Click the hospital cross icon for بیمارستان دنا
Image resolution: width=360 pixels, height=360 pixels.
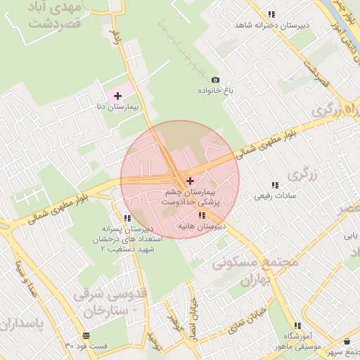pyautogui.click(x=117, y=95)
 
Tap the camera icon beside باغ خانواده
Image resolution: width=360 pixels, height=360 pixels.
pyautogui.click(x=215, y=80)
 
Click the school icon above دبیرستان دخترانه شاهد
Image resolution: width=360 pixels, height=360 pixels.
pyautogui.click(x=271, y=14)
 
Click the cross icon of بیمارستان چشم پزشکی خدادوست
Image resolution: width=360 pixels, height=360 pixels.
pyautogui.click(x=190, y=181)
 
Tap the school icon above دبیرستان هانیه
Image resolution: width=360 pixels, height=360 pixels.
pyautogui.click(x=202, y=215)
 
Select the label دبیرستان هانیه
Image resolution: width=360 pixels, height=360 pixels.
pyautogui.click(x=201, y=226)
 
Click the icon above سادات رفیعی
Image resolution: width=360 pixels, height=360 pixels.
pyautogui.click(x=275, y=185)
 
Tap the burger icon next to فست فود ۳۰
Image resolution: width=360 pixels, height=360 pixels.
pyautogui.click(x=86, y=335)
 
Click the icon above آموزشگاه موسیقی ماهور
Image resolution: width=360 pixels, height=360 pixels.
pyautogui.click(x=297, y=326)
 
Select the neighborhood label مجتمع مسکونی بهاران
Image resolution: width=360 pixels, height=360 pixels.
pyautogui.click(x=255, y=271)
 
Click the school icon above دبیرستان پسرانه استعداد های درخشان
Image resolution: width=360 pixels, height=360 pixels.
pyautogui.click(x=127, y=218)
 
